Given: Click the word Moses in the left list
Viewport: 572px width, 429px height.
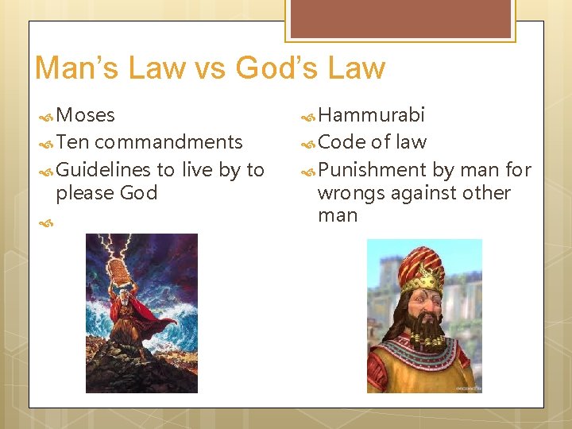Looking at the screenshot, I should pyautogui.click(x=86, y=115).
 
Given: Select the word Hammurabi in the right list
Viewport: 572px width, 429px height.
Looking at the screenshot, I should pyautogui.click(x=371, y=115).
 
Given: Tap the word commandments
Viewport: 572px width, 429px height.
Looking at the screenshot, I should pyautogui.click(x=168, y=142).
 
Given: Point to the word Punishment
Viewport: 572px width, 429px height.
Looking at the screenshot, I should pyautogui.click(x=372, y=169).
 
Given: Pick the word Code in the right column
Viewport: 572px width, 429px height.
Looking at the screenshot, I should pyautogui.click(x=342, y=142).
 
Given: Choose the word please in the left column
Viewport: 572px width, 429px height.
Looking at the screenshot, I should pyautogui.click(x=85, y=193).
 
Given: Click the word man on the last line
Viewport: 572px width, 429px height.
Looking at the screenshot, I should pyautogui.click(x=338, y=215).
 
